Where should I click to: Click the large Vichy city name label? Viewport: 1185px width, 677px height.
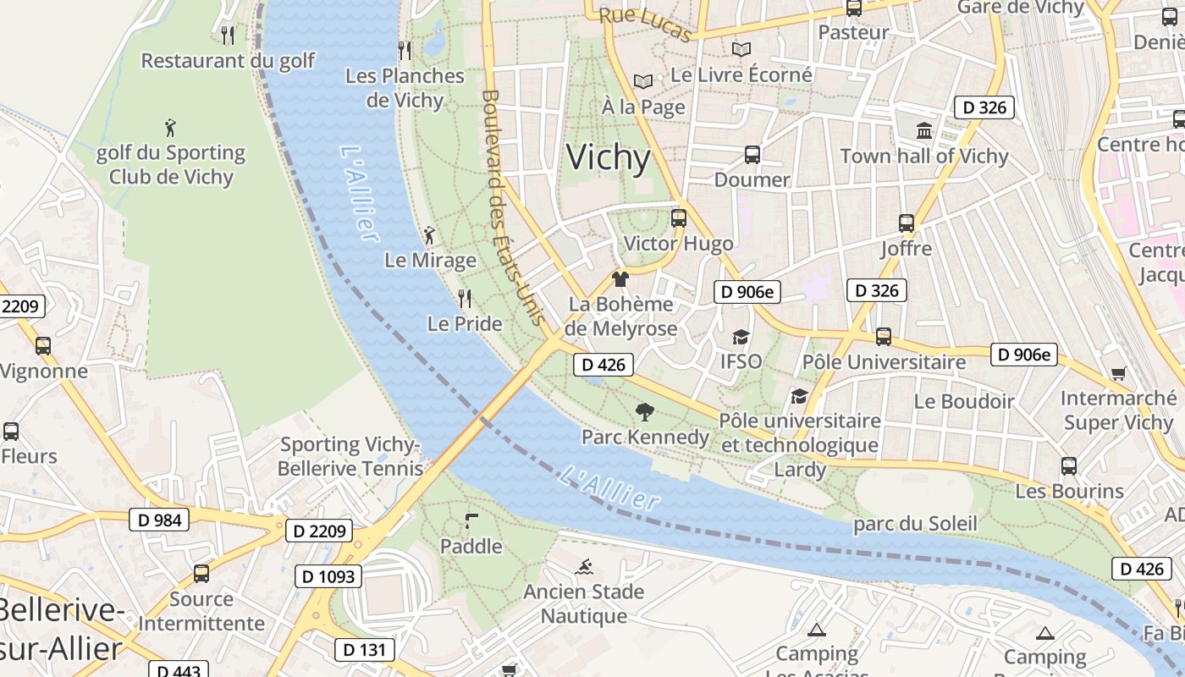coord(608,158)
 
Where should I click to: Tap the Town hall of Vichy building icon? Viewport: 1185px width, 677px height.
coord(924,131)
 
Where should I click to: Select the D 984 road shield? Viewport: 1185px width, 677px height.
coord(158,519)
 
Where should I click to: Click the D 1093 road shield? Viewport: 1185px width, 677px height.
coord(328,576)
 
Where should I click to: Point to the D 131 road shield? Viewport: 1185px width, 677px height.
coord(365,649)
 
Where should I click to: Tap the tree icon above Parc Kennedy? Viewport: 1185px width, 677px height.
coord(645,412)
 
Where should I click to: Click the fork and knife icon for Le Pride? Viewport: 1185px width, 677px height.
coord(464,298)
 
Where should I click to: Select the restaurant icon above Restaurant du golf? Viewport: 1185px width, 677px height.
coord(227,35)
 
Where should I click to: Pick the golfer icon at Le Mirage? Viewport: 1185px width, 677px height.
coord(429,235)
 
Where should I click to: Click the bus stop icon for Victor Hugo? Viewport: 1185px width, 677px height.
coord(678,218)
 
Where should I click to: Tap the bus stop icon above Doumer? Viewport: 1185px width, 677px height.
coord(752,155)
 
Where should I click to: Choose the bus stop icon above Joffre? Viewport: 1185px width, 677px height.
coord(906,223)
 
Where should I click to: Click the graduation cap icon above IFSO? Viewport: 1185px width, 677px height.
coord(741,337)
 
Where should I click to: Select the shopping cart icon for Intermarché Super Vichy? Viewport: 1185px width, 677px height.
coord(1118,373)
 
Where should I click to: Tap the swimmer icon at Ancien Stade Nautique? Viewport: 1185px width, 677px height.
coord(584,566)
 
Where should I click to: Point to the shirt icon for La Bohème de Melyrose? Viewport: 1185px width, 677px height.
coord(620,279)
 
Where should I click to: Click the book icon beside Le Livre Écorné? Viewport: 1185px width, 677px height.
coord(741,50)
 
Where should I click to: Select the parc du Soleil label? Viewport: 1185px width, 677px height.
coord(914,524)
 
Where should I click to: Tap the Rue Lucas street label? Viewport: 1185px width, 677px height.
coord(646,24)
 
